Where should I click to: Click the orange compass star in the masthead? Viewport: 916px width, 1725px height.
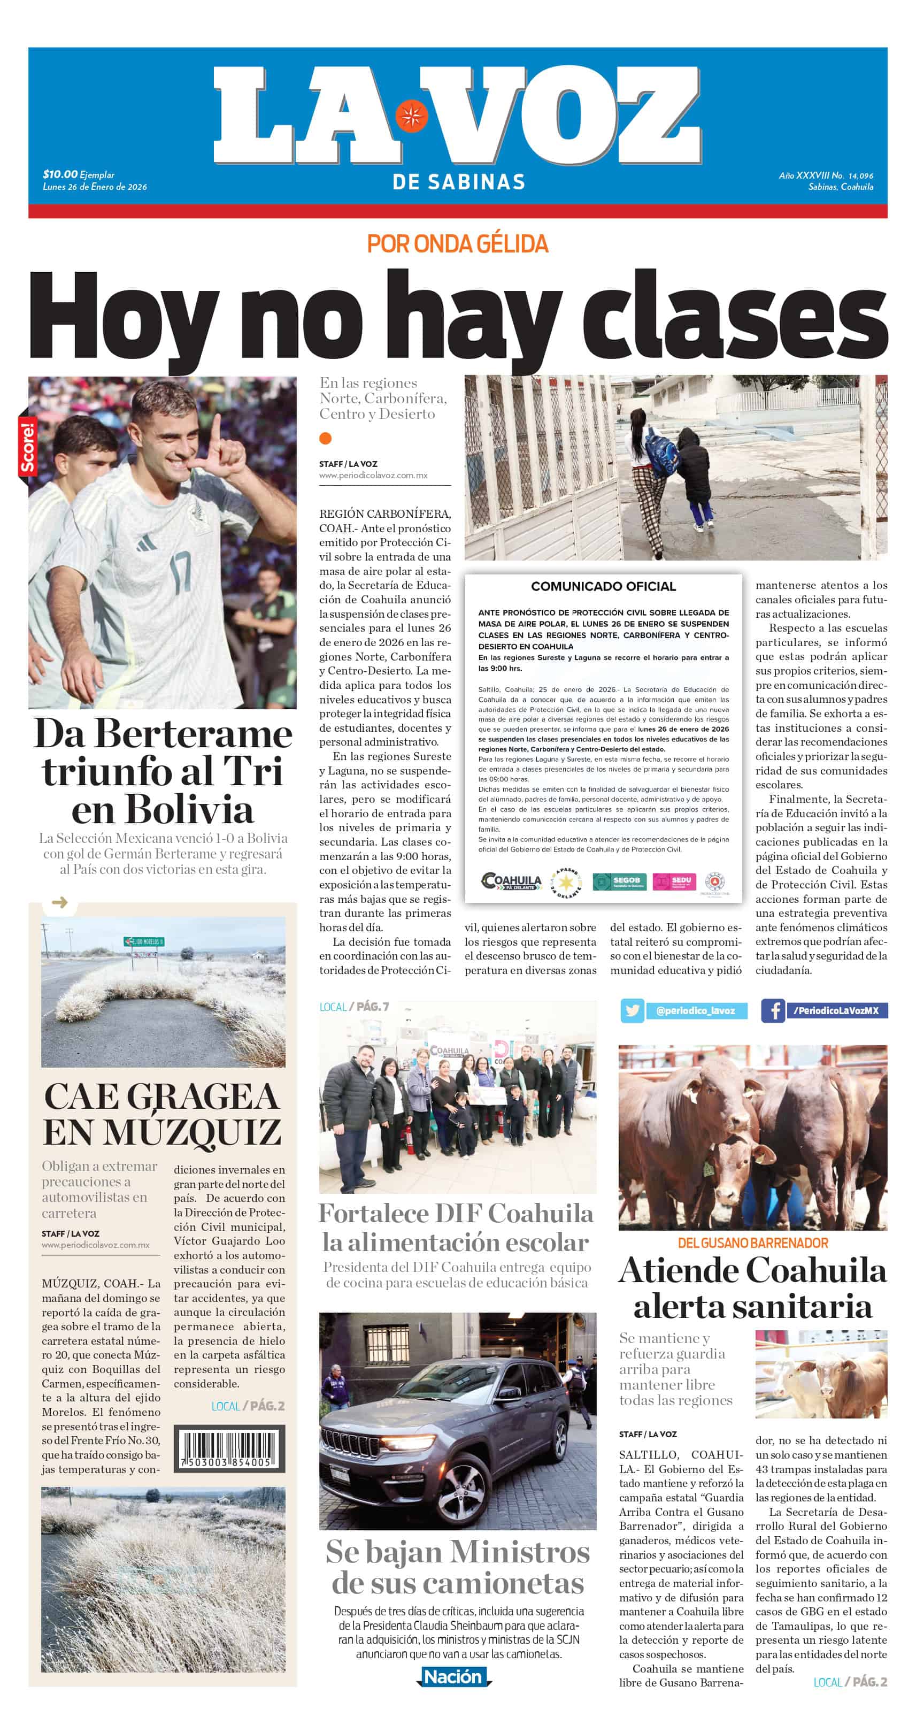tap(411, 115)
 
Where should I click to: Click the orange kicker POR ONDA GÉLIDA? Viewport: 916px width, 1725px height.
tap(457, 244)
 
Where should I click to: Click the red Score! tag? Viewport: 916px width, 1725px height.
tap(27, 447)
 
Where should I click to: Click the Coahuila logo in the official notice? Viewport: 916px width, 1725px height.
tap(512, 881)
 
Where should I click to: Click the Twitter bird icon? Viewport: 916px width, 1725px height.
tap(632, 1010)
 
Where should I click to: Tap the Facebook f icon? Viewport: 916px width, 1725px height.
tap(773, 1010)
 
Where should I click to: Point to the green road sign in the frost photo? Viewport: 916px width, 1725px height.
tap(144, 941)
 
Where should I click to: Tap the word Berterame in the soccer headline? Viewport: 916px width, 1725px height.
tap(193, 734)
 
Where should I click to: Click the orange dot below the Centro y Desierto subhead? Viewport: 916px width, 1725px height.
tap(326, 439)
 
